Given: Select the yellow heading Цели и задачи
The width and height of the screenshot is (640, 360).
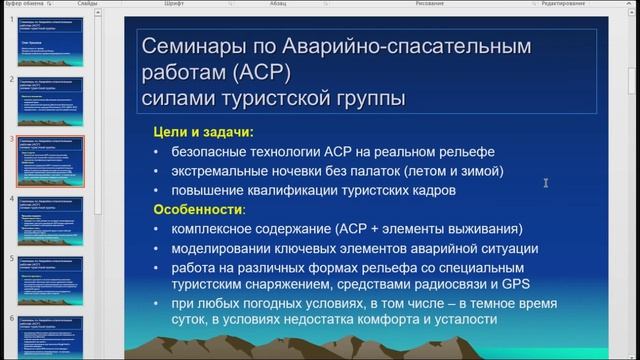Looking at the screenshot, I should [x=202, y=131].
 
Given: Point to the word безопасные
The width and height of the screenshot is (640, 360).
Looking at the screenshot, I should [x=211, y=151].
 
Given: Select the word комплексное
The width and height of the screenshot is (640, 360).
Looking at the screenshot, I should [x=216, y=229].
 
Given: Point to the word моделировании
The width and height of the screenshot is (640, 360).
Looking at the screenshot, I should [x=224, y=249].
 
